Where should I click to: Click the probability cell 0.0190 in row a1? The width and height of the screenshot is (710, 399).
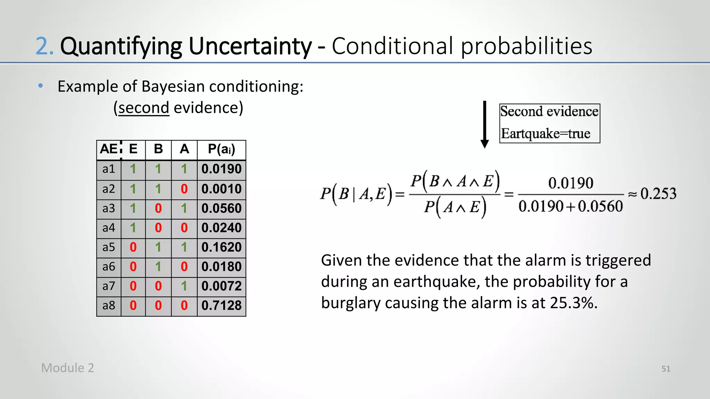[x=221, y=169]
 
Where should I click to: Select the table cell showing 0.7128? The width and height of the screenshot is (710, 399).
[x=221, y=305]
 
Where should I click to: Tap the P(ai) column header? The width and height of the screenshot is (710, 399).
[x=221, y=149]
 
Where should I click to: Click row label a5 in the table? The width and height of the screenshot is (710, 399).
[x=109, y=247]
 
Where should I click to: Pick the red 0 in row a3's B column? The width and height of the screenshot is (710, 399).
[x=158, y=209]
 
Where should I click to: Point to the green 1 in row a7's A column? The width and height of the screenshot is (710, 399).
[x=184, y=286]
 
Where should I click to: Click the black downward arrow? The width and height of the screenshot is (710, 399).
[x=485, y=125]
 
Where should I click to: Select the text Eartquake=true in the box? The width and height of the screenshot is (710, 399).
[x=545, y=134]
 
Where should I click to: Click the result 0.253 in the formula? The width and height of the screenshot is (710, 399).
[x=658, y=194]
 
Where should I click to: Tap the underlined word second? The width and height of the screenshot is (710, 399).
[x=144, y=108]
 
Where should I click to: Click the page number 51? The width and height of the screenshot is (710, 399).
[x=666, y=369]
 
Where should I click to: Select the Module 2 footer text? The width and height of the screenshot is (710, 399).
[x=68, y=368]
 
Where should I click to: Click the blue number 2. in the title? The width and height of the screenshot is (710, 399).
[x=44, y=46]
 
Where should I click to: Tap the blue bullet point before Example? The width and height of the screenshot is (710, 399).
[x=41, y=86]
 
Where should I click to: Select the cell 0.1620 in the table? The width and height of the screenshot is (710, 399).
[x=221, y=247]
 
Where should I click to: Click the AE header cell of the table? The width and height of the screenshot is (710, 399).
[x=109, y=149]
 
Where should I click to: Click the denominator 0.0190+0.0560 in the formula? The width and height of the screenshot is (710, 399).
[x=570, y=206]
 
